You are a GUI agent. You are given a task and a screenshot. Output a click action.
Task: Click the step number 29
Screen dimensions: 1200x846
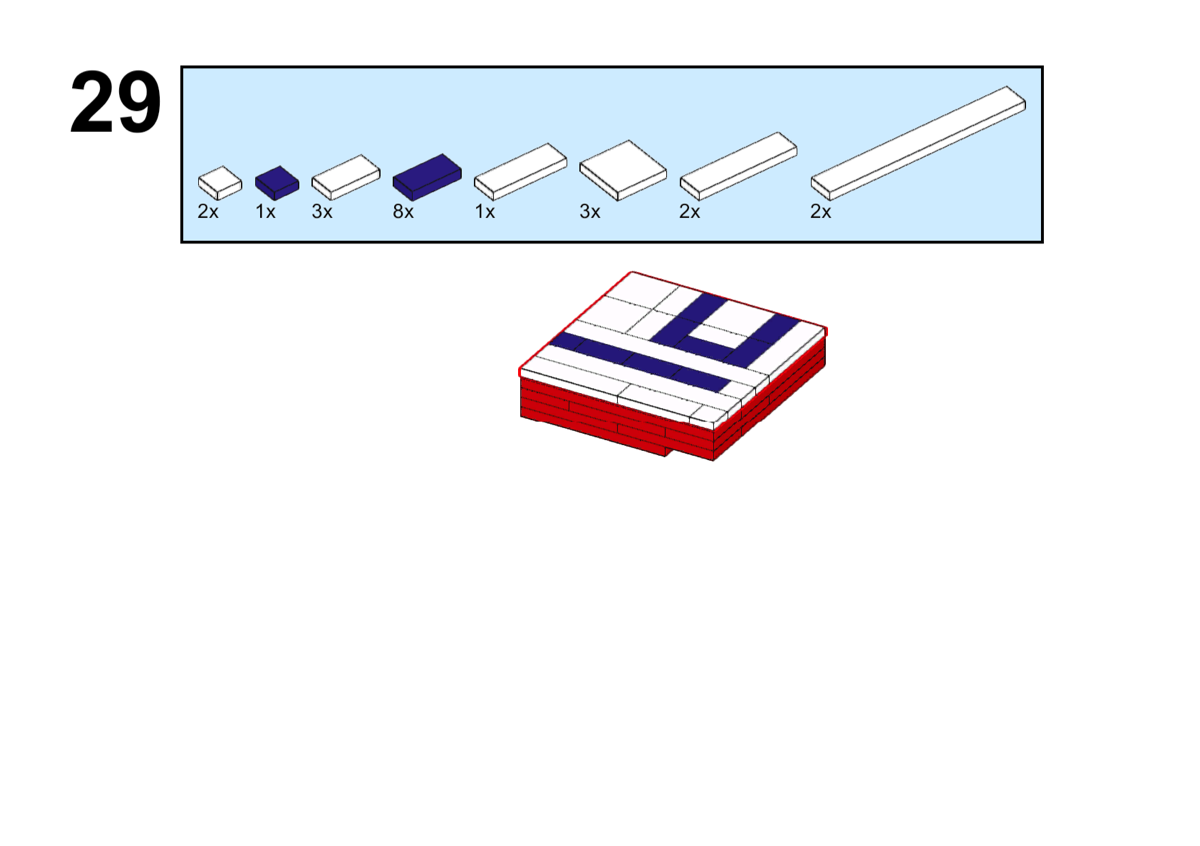coord(115,102)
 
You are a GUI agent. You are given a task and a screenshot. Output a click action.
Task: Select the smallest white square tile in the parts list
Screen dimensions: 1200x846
coord(220,183)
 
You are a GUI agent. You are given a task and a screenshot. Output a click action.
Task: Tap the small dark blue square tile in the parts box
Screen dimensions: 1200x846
coord(276,183)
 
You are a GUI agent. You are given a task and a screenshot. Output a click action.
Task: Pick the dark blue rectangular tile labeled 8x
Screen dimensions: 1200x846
coord(427,177)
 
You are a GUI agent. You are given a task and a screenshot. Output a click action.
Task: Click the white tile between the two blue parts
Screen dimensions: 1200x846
coord(346,177)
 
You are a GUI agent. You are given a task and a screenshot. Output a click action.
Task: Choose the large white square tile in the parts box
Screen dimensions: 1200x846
coord(622,170)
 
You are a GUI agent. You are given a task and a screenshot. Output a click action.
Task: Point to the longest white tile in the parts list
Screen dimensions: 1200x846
coord(918,143)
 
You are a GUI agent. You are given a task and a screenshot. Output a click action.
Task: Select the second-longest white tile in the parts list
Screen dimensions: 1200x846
coord(738,166)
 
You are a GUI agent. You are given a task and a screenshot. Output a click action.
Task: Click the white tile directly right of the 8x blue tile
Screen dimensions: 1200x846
coord(520,171)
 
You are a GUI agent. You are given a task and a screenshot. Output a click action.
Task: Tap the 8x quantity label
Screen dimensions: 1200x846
coord(403,212)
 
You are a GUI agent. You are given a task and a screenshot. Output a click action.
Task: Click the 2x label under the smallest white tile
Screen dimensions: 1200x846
coord(208,212)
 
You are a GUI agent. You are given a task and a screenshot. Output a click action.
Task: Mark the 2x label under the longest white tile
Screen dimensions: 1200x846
coord(820,212)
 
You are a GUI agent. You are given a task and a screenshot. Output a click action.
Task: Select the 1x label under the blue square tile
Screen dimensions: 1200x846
coord(265,212)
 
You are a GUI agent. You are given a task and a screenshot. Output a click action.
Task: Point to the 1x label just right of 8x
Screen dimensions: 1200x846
coord(485,212)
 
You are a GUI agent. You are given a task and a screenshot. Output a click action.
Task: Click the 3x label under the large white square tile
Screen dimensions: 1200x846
coord(589,212)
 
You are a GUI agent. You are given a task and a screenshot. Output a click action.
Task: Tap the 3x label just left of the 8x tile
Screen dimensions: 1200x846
coord(321,212)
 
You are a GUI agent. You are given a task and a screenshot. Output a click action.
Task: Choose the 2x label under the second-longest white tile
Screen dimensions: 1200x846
coord(689,212)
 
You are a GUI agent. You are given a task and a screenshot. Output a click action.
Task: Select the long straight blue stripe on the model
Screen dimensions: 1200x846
coord(640,362)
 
